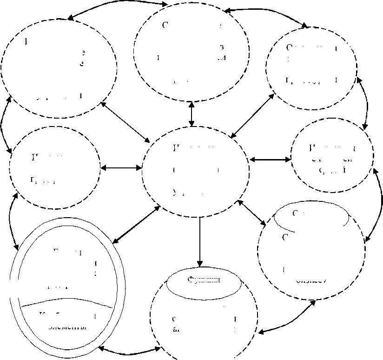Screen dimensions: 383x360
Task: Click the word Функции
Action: (x=203, y=280)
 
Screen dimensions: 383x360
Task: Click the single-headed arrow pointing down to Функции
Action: (x=200, y=242)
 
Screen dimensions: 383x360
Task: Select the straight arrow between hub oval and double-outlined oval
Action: (x=137, y=224)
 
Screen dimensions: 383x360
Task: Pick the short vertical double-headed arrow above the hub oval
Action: (x=191, y=114)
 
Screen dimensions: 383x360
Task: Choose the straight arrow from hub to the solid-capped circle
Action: (x=251, y=213)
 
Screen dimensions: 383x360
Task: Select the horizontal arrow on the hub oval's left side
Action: (x=121, y=167)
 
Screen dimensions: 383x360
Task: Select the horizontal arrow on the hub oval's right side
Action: (x=270, y=160)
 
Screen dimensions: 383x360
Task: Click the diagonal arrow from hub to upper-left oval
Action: (x=124, y=122)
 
